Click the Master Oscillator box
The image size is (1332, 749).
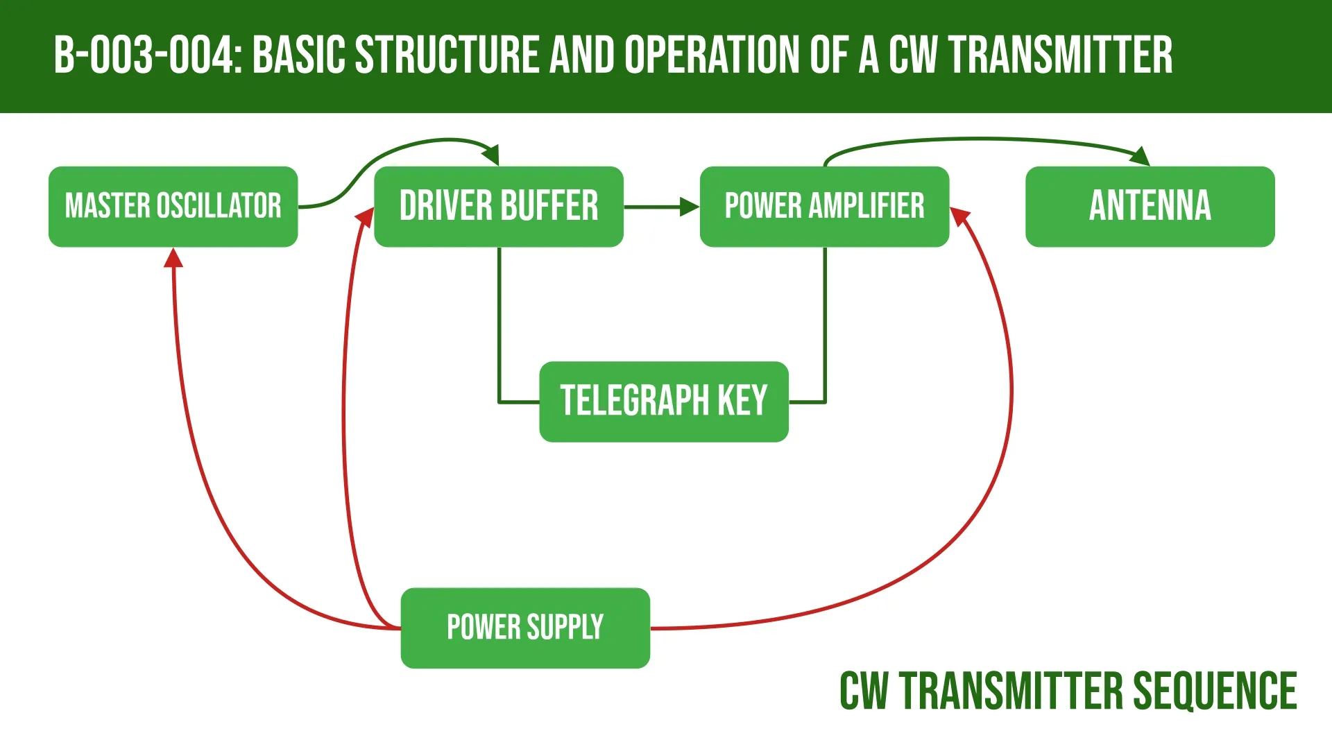173,206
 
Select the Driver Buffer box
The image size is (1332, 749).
498,206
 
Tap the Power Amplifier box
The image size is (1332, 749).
824,206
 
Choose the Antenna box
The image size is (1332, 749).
1150,206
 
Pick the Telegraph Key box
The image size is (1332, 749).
663,402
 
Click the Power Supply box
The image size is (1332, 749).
525,628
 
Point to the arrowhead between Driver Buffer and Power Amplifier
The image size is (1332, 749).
690,207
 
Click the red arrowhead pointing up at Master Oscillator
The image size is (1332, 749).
173,257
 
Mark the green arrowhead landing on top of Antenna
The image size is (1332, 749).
1141,157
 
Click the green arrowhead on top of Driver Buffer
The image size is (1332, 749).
491,155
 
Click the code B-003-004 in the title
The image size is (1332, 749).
146,55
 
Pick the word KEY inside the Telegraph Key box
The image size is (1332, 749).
742,402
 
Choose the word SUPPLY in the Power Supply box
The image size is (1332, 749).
565,628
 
